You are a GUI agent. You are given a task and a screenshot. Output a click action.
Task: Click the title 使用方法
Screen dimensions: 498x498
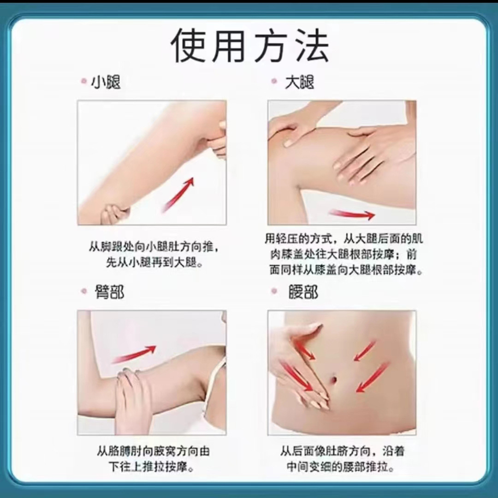click(x=249, y=45)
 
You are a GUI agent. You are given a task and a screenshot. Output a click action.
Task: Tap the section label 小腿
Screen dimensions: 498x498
click(x=106, y=83)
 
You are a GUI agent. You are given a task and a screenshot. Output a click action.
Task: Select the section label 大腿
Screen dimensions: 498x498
click(x=299, y=82)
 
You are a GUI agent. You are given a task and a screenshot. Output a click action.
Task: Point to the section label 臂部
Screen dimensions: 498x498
click(x=109, y=292)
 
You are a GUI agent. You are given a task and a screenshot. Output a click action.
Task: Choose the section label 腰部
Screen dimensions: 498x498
click(x=302, y=292)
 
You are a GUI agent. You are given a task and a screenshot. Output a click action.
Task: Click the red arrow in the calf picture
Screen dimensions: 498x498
click(x=178, y=195)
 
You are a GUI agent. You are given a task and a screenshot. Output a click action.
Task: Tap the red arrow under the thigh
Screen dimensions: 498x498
click(x=351, y=214)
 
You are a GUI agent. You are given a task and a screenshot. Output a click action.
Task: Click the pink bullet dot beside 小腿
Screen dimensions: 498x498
click(x=84, y=81)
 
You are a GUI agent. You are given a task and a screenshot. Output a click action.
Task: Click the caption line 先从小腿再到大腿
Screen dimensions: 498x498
click(x=154, y=263)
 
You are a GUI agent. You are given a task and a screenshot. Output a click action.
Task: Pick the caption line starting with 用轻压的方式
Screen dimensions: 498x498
click(x=344, y=239)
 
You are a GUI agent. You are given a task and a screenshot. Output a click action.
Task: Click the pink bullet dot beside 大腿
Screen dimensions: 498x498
click(x=274, y=81)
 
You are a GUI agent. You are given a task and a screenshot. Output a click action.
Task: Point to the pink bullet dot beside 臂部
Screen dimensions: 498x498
click(x=84, y=291)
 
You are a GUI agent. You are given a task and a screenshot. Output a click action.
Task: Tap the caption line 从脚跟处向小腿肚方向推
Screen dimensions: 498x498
click(x=154, y=247)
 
